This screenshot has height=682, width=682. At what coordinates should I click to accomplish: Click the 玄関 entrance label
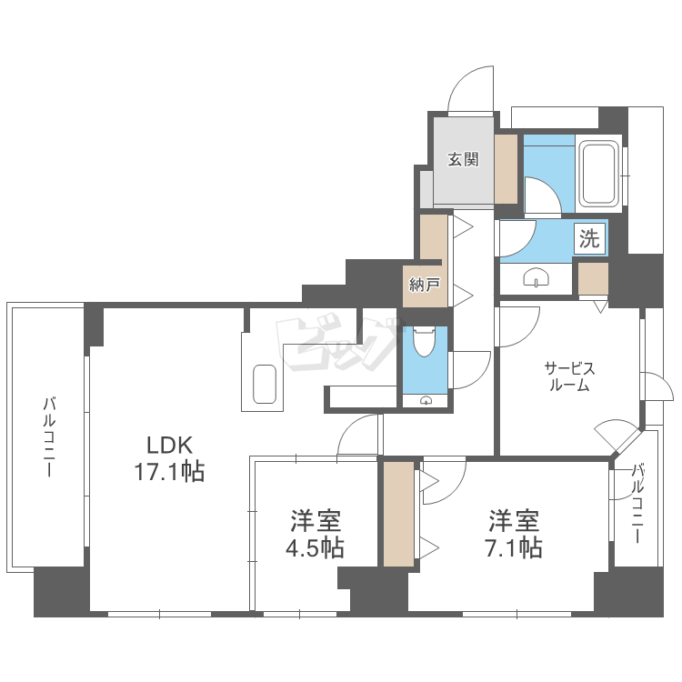tap(463, 159)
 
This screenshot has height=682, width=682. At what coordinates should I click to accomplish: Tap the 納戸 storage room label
tap(425, 285)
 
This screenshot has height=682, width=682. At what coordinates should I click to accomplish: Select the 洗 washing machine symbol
tap(589, 238)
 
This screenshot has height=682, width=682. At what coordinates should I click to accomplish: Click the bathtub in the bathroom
tap(599, 173)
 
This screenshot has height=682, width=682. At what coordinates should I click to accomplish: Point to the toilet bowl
tap(424, 342)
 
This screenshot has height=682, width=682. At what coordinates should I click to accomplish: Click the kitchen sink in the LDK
tap(264, 384)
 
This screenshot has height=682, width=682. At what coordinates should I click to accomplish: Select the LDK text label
tap(170, 445)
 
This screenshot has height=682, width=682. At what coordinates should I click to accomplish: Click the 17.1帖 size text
tap(169, 471)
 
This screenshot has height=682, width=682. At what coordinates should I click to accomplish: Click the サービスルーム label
tap(569, 376)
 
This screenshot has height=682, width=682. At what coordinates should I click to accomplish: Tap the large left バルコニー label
tap(49, 436)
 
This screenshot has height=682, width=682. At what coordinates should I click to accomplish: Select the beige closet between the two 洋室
tap(398, 514)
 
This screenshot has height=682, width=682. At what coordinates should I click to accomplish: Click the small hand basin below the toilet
tap(426, 400)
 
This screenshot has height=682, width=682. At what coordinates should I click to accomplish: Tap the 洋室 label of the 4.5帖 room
tap(316, 521)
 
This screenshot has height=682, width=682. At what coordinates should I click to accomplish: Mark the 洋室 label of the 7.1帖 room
tap(514, 521)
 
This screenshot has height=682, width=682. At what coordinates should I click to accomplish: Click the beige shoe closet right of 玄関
tap(506, 169)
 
